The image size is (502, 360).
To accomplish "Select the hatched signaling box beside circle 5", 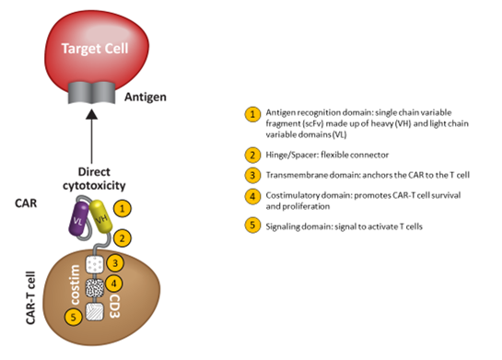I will (x=92, y=314).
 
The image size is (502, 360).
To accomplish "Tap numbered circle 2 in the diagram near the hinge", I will (x=120, y=239).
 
